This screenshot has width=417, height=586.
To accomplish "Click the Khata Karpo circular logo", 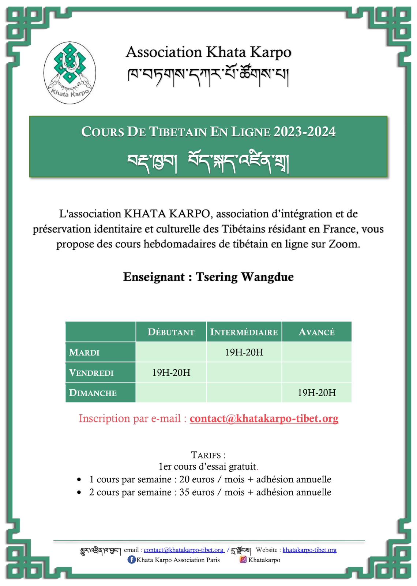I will click(x=69, y=73).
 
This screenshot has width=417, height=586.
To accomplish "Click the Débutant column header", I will click(x=171, y=332).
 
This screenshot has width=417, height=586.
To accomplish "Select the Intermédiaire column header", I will click(x=244, y=332).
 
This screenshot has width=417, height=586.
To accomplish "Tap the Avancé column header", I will click(x=316, y=332).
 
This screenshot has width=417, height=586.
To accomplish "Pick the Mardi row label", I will click(x=84, y=352).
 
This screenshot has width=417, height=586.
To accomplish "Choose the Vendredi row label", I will click(x=91, y=373).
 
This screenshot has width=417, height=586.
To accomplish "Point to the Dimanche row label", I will click(x=93, y=393).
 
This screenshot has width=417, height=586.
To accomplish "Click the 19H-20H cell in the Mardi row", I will click(x=244, y=352).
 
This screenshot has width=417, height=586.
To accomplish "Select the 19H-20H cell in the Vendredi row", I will click(x=171, y=373).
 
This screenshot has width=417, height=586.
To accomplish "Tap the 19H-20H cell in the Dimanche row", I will click(x=316, y=393).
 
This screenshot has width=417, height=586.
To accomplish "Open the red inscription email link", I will click(x=264, y=418).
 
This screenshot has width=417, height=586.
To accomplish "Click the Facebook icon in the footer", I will click(x=131, y=560).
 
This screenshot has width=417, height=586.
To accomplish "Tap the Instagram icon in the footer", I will click(x=243, y=560).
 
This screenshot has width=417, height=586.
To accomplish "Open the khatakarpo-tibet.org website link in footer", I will click(x=309, y=550).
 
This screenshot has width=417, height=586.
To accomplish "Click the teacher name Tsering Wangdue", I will click(x=244, y=277).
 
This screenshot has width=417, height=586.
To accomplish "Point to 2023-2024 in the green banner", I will click(x=304, y=132).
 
